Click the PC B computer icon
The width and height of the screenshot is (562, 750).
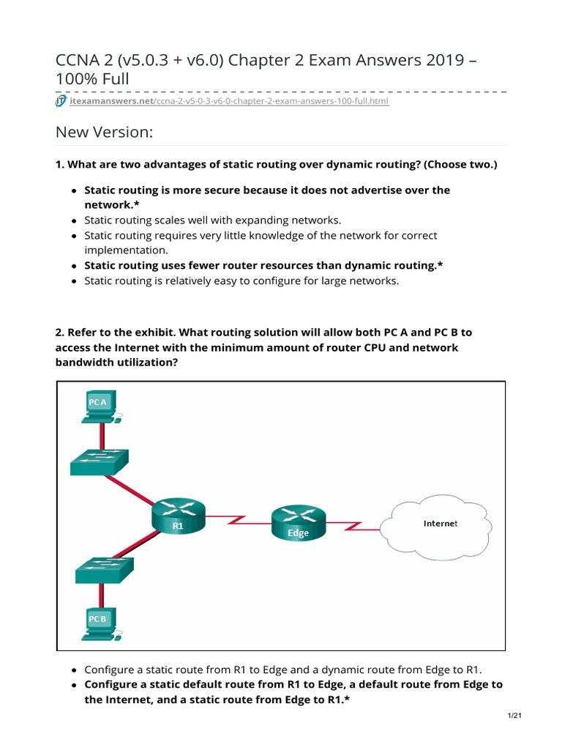[99, 623]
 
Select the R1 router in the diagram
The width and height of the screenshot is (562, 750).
[178, 514]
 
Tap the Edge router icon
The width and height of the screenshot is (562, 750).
[298, 521]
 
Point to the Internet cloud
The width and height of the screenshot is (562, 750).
[440, 523]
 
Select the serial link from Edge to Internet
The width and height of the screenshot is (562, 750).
[353, 524]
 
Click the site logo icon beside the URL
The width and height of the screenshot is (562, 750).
[61, 100]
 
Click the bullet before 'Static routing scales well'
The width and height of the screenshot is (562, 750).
[75, 220]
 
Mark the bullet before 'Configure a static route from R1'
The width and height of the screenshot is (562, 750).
[75, 669]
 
